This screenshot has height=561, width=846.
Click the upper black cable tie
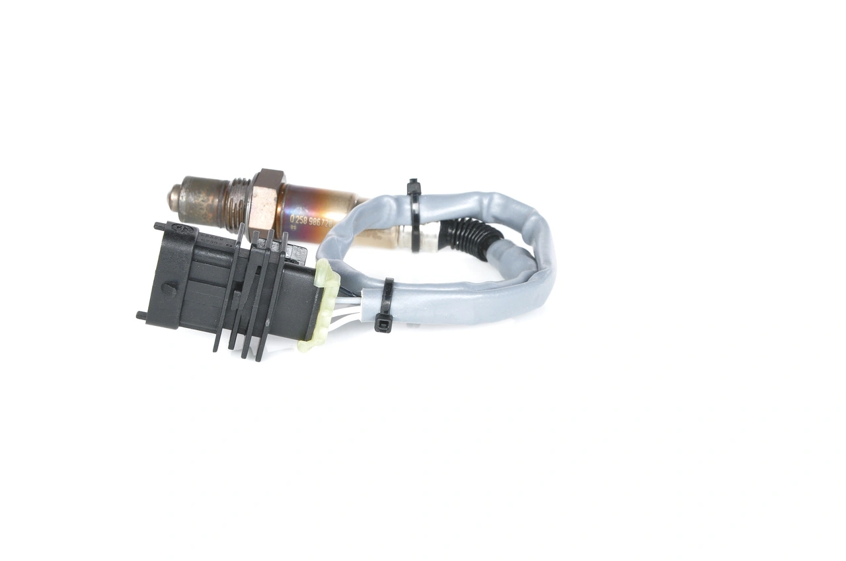(x=415, y=218)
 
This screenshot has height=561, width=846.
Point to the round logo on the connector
(x=179, y=228)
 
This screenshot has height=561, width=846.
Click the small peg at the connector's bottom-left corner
(x=141, y=315)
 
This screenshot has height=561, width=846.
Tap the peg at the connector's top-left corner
(x=159, y=226)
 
